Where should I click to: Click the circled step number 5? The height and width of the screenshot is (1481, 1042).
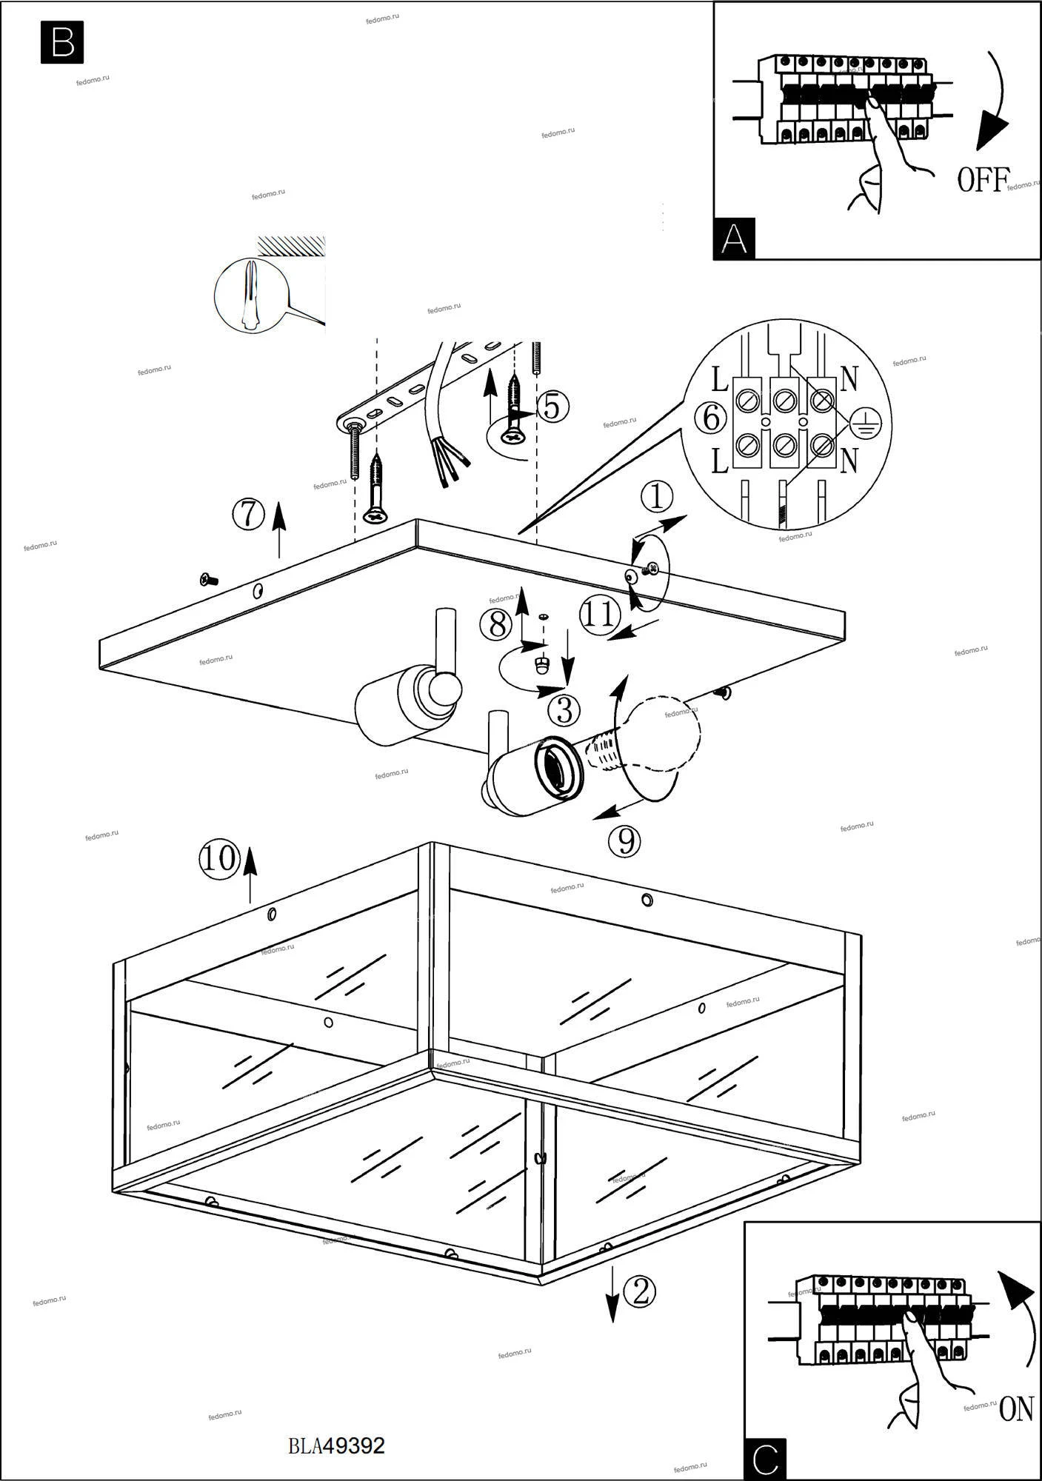point(552,406)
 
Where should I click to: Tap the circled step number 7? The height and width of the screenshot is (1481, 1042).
point(249,514)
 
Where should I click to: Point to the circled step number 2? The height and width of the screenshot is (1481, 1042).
point(640,1292)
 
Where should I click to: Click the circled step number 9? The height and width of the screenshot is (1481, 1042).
point(624,840)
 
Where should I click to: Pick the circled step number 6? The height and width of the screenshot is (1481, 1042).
point(711,418)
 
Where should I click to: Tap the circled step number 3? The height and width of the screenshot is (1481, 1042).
point(564,711)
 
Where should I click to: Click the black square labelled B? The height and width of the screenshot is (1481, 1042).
point(62,43)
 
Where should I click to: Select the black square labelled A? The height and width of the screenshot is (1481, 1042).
point(734,238)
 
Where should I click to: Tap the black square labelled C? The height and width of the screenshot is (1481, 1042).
point(765,1459)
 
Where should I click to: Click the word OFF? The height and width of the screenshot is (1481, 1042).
point(983,179)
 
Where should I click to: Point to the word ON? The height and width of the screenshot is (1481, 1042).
point(1016,1410)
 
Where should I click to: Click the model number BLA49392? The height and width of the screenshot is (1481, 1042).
point(337,1445)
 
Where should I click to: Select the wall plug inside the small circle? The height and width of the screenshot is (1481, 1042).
point(249,295)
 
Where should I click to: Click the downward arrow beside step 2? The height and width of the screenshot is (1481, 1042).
point(612,1294)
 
